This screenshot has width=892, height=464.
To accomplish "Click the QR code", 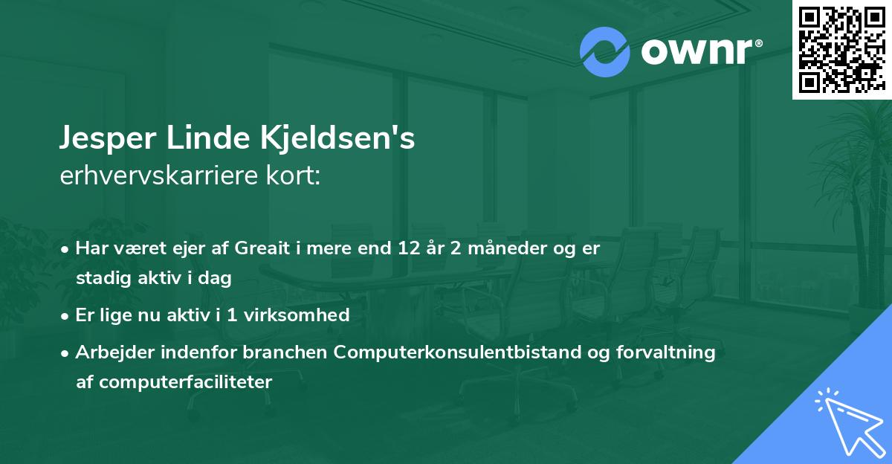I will click(841, 49).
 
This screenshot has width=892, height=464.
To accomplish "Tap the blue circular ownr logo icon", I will click(605, 52).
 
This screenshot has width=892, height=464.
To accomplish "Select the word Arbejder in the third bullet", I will click(109, 352).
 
